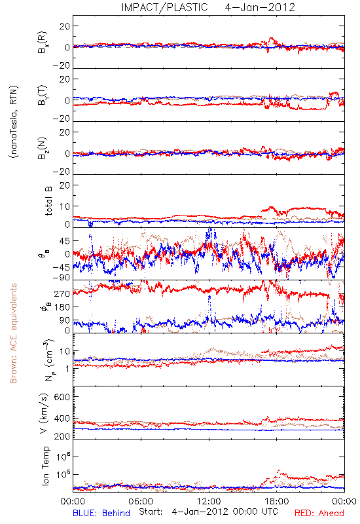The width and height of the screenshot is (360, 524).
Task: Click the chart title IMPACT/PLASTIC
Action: pos(165,7)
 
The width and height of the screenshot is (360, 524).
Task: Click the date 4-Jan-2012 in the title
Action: pos(260,7)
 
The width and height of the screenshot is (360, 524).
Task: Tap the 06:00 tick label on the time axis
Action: pos(141,501)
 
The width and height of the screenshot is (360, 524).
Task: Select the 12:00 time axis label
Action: pos(209,501)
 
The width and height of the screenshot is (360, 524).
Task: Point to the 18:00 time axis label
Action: pos(277,501)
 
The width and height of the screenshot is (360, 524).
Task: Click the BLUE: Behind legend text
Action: pos(101,513)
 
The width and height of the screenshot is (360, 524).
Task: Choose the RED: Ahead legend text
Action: pos(319,513)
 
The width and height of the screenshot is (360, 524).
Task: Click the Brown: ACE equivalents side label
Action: pos(13,333)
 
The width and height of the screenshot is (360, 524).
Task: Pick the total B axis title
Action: pos(48,200)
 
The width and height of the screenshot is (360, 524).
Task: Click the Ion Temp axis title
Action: pos(45,466)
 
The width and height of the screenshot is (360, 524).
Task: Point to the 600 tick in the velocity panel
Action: pos(62,397)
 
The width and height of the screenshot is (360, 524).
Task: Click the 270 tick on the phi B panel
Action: pos(62,293)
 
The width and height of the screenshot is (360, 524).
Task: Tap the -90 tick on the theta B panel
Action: pos(61,278)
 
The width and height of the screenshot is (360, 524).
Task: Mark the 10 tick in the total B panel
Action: pos(65,206)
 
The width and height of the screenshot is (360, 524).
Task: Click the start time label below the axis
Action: pos(208,512)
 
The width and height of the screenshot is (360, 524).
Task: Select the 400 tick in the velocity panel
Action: pos(62,419)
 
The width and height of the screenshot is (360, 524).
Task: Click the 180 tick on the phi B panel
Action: pos(62,307)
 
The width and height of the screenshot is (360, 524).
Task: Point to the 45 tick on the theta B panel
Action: pos(65,241)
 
